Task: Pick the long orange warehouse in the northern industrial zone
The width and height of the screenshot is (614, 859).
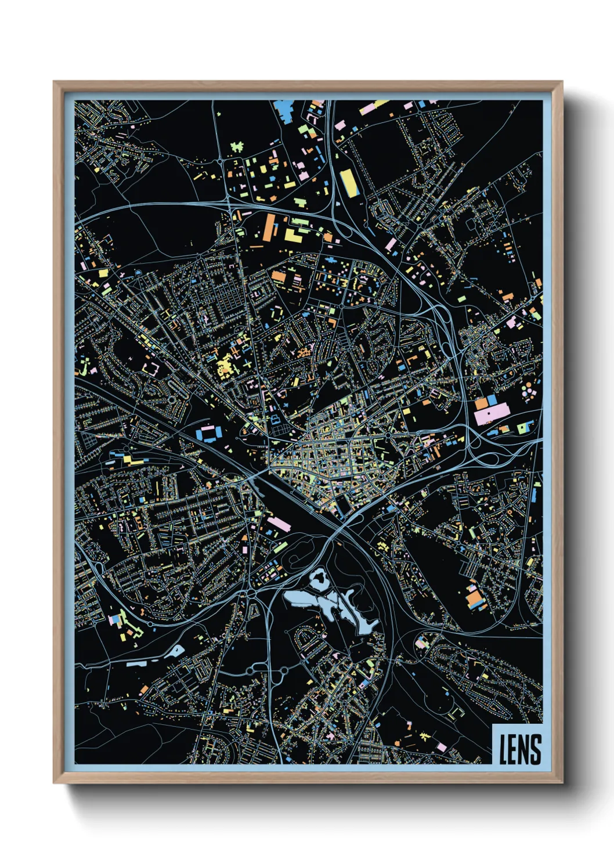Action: (x=269, y=227)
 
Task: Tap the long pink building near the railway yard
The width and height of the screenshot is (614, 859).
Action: (x=278, y=524)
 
